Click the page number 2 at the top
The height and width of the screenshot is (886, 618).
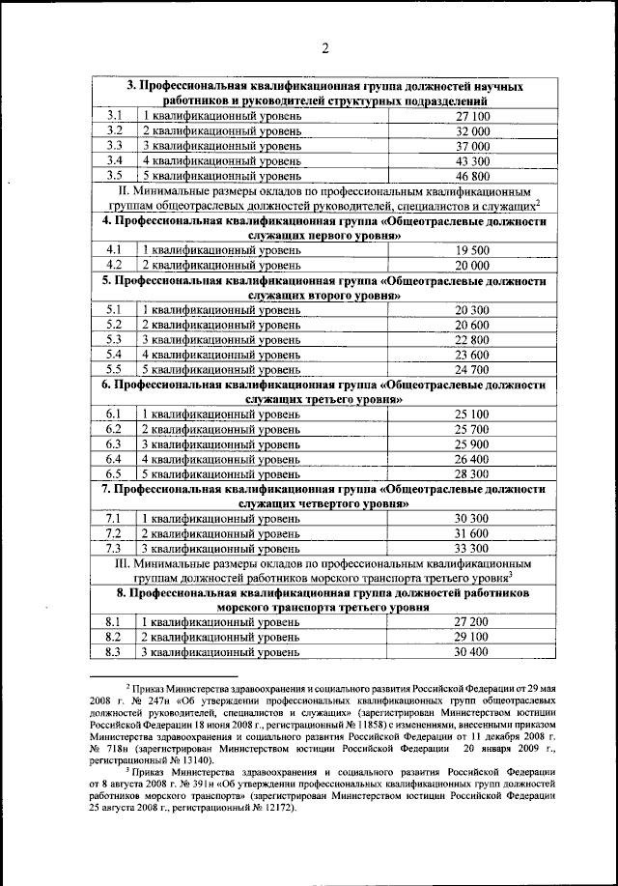(x=325, y=50)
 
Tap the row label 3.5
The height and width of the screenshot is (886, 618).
(x=114, y=176)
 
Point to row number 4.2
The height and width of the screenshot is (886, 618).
(x=114, y=264)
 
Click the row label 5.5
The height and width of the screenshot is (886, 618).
(x=114, y=368)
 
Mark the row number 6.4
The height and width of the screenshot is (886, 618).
(x=114, y=458)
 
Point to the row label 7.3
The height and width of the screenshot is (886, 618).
(x=114, y=548)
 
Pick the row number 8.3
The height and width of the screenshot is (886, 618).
(x=114, y=652)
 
